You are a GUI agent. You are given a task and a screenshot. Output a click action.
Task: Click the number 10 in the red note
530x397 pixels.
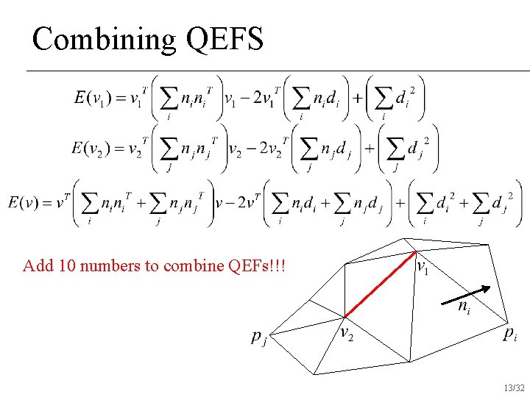click(58, 265)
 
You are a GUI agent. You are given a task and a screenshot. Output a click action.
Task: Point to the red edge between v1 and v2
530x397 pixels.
click(381, 285)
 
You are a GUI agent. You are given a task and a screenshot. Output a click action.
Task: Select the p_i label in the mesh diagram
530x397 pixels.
click(510, 335)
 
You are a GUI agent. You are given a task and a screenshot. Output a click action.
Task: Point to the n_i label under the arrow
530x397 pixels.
click(464, 308)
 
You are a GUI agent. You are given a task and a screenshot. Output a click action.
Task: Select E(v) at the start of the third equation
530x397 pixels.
click(25, 201)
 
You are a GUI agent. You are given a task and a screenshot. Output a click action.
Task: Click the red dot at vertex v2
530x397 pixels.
click(344, 317)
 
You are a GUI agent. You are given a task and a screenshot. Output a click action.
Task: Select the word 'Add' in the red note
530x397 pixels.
click(35, 265)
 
